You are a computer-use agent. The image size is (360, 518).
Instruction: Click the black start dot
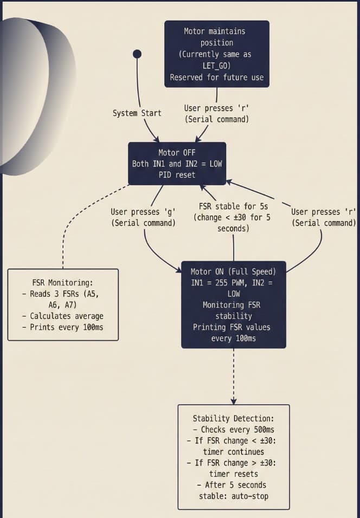click(x=137, y=54)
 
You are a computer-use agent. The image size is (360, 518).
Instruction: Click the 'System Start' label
click(x=137, y=113)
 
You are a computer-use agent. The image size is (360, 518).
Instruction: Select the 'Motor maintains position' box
click(x=217, y=54)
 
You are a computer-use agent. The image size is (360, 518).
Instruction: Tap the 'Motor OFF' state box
click(x=177, y=164)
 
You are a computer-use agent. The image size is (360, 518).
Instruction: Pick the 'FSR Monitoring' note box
click(x=63, y=305)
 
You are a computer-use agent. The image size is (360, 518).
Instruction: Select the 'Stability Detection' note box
click(x=234, y=457)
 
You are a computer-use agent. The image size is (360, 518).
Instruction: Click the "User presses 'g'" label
click(x=143, y=217)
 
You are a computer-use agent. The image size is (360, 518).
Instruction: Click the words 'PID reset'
click(x=177, y=174)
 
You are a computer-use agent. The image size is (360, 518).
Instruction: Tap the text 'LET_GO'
click(x=217, y=66)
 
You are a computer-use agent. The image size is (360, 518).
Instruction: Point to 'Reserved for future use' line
click(x=217, y=77)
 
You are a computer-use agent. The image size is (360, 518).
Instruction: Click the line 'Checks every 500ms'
click(x=234, y=429)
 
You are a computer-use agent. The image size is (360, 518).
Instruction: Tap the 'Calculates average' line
click(x=63, y=316)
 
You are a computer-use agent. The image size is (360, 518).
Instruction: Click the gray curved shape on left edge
click(x=24, y=98)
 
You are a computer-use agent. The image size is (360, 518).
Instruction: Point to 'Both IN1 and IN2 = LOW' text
click(x=177, y=164)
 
